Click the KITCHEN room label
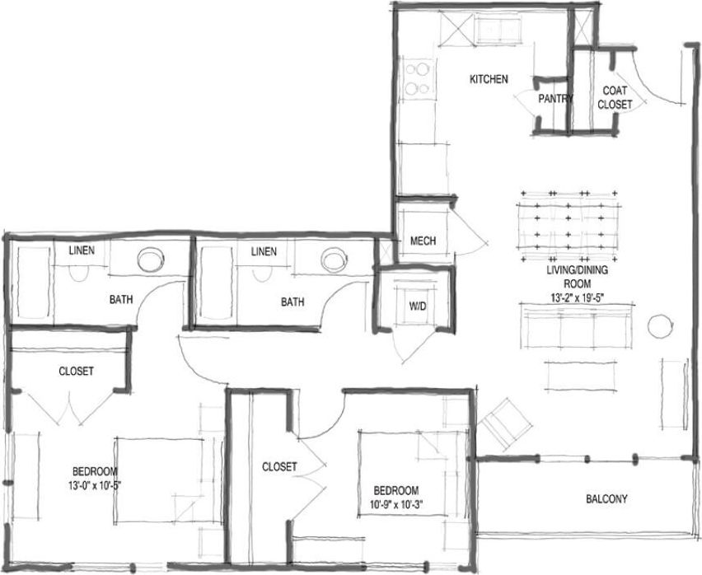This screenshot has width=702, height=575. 489,80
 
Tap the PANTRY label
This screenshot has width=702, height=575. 555,98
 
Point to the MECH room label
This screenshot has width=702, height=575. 423,241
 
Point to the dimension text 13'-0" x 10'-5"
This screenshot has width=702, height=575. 97,484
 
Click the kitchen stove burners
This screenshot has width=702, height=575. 419,77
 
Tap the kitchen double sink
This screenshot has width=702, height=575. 501,31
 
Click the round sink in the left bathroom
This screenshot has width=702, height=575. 150,260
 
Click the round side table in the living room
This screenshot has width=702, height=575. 659,326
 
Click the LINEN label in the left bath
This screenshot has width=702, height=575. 80,250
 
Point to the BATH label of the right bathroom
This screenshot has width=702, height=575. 292,302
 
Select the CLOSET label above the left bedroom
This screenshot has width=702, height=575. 77,371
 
